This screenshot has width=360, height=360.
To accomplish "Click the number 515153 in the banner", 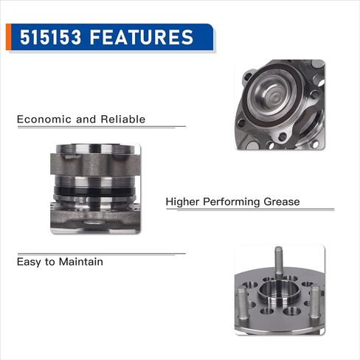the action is point(50,37).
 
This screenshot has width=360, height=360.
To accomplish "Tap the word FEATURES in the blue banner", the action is point(142,37).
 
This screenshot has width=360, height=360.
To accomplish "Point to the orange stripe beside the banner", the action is point(8,37).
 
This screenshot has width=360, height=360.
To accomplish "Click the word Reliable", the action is point(123,120).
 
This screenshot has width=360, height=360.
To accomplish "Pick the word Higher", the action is point(182,202).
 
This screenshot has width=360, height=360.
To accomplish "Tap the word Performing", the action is point(232,202).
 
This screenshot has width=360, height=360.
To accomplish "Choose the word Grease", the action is point(282,201).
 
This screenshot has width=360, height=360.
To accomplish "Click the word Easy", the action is point(29,262).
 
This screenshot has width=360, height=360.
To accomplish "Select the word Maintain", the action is point(81,261).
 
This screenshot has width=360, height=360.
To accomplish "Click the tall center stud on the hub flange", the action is point(278,263).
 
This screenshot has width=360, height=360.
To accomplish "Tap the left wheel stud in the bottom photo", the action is point(242,303).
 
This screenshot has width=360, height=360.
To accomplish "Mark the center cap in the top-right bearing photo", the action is point(274,94).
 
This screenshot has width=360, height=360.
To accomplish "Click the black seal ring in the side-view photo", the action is point(94,191).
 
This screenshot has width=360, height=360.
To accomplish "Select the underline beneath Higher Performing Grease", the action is point(250,210).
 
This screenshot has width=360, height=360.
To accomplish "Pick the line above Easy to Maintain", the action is point(102,254).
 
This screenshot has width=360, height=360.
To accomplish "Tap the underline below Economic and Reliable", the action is point(102,127).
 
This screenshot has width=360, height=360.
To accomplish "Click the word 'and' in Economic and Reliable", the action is point(86,120).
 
